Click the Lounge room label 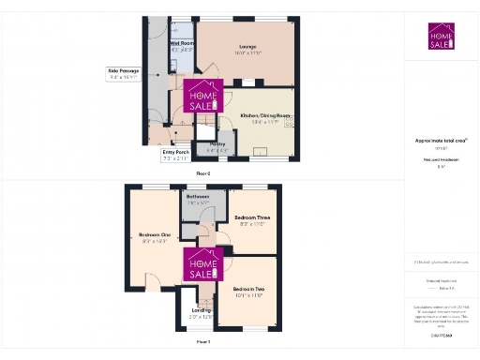click(247, 46)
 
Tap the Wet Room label click(181, 43)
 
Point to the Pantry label click(217, 143)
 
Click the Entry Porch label click(175, 152)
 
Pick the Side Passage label click(124, 70)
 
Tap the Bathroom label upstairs click(198, 196)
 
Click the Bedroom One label click(155, 234)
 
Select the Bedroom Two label click(248, 288)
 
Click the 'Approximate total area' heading click(440, 141)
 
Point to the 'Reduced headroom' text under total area click(440, 160)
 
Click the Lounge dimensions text click(247, 52)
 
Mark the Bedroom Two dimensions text click(248, 294)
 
